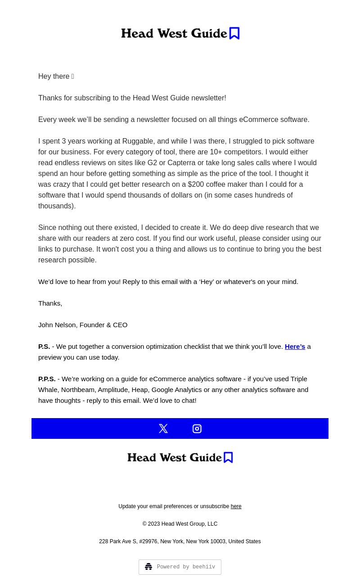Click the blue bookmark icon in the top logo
pos(234,33)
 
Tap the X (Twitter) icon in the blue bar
pos(163,428)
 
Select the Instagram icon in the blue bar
pos(197,428)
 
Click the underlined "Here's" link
pos(295,347)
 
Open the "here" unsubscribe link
pos(236,507)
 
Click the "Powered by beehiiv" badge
pos(180,567)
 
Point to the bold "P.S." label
pos(44,347)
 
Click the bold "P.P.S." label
pos(47,379)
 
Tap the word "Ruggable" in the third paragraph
pos(138,141)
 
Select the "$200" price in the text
pos(196,185)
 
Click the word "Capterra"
pos(181,163)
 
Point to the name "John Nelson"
pos(58,325)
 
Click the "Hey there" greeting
pos(54,77)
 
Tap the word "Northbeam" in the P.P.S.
pos(78,390)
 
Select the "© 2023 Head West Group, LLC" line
pos(180,524)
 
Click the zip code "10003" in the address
pos(218,541)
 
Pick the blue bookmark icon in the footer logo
pos(228,457)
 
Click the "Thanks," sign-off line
pos(50,303)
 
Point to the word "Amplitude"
pos(112,390)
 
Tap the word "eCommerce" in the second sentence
pos(259,120)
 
